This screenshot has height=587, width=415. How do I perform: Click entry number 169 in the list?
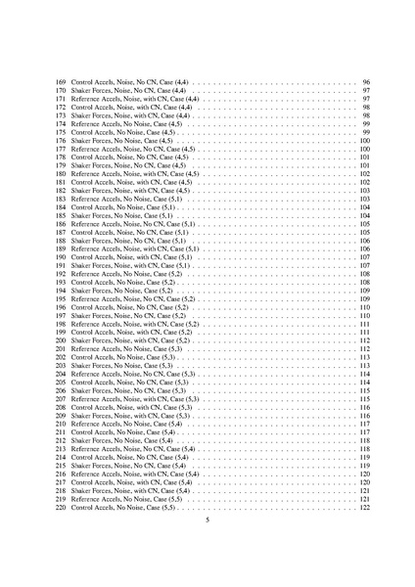tap(61, 82)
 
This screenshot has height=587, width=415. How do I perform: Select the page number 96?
tap(365, 82)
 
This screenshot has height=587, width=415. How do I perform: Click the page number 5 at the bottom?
tap(207, 533)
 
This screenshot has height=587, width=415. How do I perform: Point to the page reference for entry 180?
tap(363, 173)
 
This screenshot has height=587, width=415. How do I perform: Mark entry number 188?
tap(61, 241)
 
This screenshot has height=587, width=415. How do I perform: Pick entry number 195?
tap(61, 299)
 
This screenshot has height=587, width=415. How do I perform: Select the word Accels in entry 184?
tap(111, 207)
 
